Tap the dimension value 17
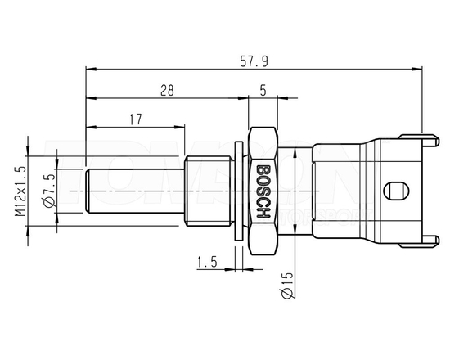137,119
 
